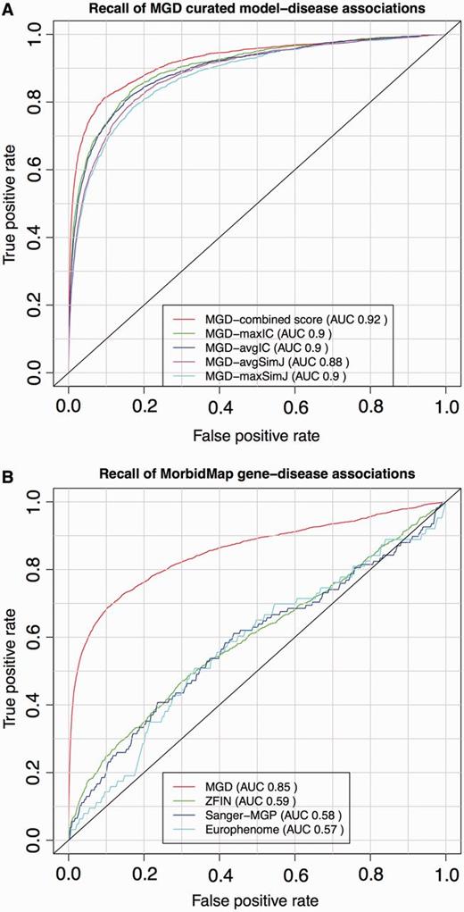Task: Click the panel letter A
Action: click(7, 9)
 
